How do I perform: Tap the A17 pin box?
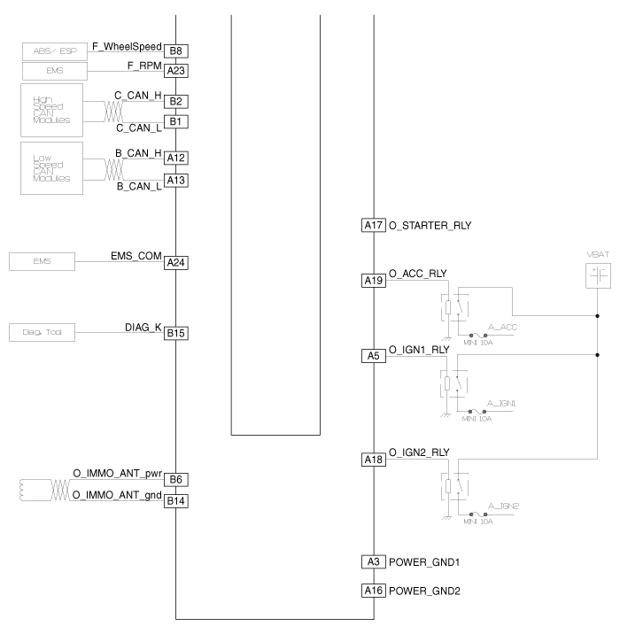tap(374, 226)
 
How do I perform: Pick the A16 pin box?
tap(374, 591)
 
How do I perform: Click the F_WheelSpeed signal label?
tap(127, 44)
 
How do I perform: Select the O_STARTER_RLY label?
tap(430, 226)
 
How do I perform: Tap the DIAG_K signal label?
tap(143, 327)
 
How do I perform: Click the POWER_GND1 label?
tap(424, 562)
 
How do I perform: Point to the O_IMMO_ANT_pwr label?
tap(117, 474)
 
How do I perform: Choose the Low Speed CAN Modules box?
tap(51, 168)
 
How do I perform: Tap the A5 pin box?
tap(374, 355)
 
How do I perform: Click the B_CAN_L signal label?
tap(139, 187)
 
